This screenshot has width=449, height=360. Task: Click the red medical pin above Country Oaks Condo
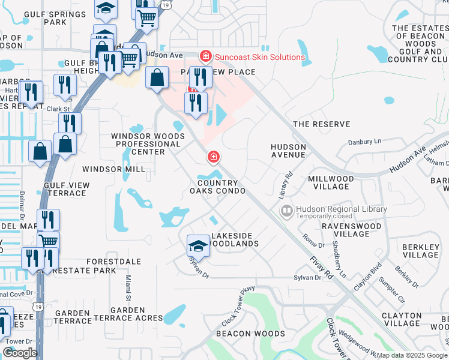coord(212,157)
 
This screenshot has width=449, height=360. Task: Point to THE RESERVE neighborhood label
coord(321,124)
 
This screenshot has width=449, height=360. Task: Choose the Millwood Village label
coord(331,183)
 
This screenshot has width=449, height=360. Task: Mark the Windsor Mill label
coord(113,170)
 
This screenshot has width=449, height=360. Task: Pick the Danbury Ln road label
coord(365,142)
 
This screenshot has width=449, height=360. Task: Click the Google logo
coord(20,353)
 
